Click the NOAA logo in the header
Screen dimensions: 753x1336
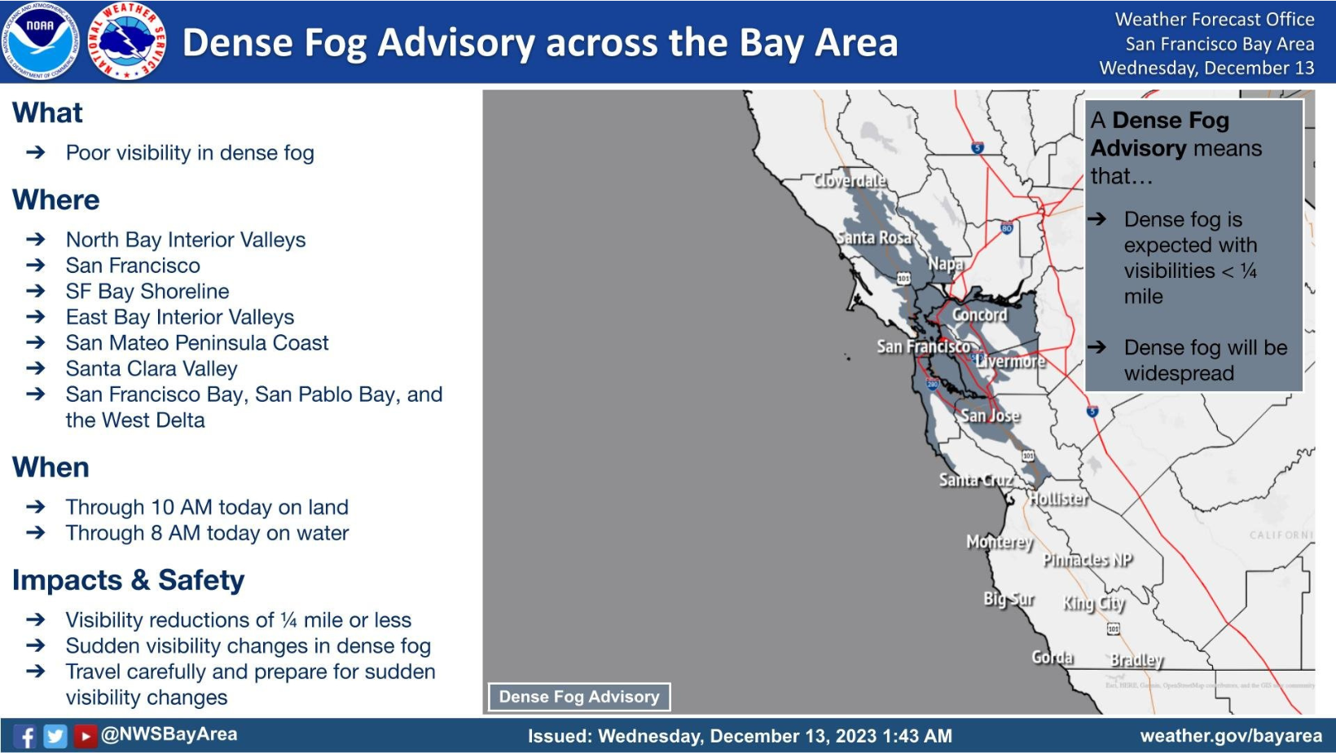click(41, 41)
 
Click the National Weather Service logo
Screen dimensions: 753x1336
click(127, 41)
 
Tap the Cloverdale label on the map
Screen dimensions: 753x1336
click(850, 180)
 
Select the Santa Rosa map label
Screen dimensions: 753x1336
click(873, 237)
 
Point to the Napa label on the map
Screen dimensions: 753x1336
click(945, 263)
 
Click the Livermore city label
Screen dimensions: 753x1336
click(1010, 361)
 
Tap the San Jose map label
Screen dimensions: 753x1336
click(990, 416)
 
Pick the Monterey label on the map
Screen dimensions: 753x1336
click(1000, 542)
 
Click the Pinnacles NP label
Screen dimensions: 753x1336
click(1088, 560)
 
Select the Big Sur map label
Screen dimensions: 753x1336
click(1009, 599)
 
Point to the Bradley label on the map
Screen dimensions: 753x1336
click(1136, 660)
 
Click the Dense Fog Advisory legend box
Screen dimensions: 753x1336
click(579, 697)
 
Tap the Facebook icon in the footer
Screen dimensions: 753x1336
click(26, 736)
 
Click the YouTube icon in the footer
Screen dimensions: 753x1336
click(85, 736)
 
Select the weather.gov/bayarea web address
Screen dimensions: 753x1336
click(1230, 736)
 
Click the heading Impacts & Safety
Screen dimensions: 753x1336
click(128, 580)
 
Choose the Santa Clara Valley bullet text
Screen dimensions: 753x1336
click(152, 369)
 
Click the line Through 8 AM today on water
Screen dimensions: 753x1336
click(207, 533)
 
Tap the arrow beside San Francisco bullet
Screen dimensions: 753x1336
click(35, 266)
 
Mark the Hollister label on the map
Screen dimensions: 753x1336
click(1057, 499)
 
